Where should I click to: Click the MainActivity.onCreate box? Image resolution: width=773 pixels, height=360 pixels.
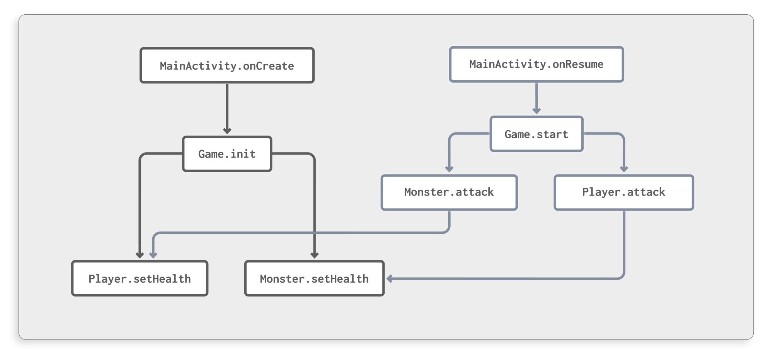(227, 65)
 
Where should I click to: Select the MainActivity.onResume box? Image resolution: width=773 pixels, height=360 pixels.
(536, 64)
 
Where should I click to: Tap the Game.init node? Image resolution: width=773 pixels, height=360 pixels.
(227, 154)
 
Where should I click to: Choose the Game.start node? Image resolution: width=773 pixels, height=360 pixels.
(536, 134)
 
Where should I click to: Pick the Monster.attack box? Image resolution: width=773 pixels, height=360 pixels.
(449, 192)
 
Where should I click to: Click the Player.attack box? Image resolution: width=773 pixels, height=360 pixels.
(624, 192)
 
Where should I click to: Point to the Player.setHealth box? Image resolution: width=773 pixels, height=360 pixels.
(140, 278)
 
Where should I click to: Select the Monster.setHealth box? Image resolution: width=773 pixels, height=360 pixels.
(314, 278)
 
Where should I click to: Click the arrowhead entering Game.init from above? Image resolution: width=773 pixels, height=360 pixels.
(227, 131)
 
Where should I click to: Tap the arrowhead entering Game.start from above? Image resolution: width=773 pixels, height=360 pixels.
(536, 111)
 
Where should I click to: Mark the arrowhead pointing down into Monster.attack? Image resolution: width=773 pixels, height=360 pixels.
(449, 169)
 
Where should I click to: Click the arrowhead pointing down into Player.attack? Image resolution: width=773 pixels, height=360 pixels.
(624, 169)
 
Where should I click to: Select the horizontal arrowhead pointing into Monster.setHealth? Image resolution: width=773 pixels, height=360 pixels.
(390, 278)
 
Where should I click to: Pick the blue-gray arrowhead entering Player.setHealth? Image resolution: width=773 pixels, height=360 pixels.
(153, 255)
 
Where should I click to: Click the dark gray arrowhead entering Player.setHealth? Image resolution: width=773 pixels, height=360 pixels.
(140, 255)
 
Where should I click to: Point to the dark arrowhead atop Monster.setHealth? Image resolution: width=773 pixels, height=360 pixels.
(314, 255)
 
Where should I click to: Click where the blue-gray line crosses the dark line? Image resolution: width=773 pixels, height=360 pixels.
(314, 233)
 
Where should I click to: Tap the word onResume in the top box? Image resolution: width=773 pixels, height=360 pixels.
(578, 64)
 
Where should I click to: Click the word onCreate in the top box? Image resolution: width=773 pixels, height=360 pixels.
(268, 66)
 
